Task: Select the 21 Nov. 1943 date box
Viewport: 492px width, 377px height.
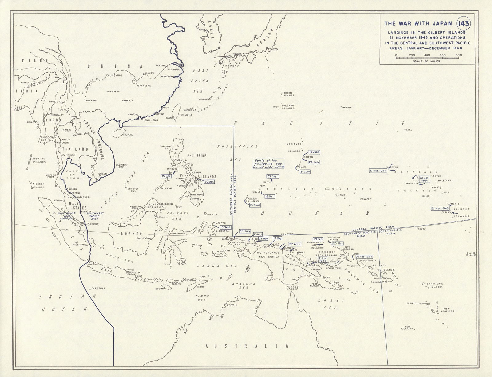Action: coord(441,208)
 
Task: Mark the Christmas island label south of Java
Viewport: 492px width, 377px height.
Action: coord(97,288)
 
